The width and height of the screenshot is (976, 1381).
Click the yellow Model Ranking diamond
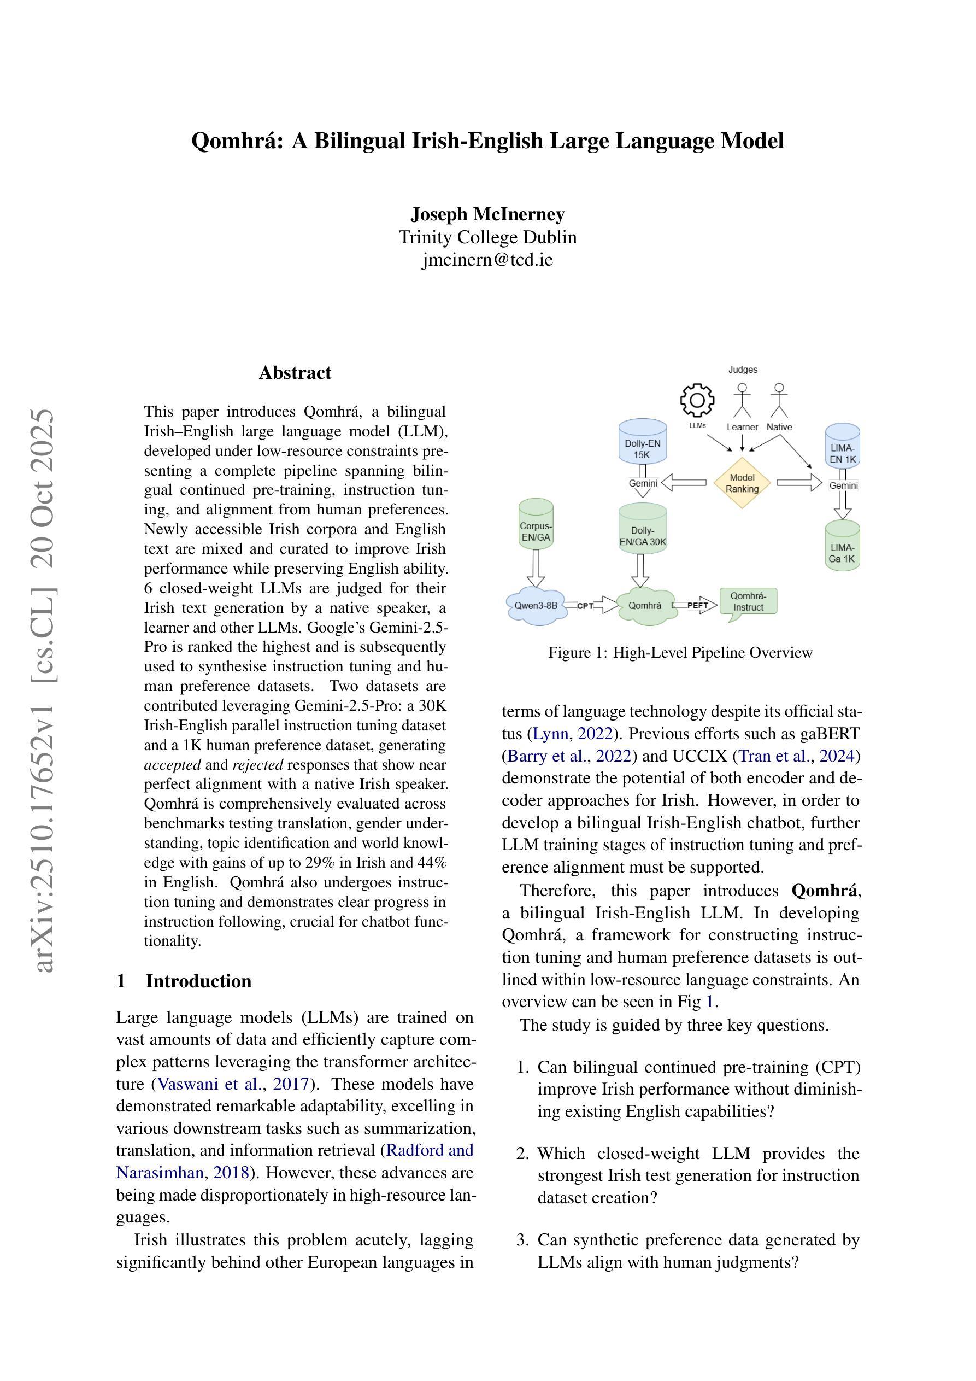pos(742,483)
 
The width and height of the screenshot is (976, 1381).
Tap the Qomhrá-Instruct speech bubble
pos(748,601)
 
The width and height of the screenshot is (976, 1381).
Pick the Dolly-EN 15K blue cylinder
pos(642,443)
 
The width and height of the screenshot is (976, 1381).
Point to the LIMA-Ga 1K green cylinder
pos(842,546)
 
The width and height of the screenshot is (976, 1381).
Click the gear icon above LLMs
pos(697,400)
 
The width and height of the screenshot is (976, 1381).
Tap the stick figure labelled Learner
pos(742,400)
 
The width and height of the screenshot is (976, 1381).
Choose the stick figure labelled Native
pos(779,400)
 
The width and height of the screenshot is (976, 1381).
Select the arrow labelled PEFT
pos(696,605)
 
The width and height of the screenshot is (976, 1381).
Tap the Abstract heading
pos(295,373)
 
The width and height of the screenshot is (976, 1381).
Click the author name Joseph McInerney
pos(487,214)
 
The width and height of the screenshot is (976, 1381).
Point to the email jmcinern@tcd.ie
pos(487,260)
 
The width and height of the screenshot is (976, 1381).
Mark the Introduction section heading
pos(198,981)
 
